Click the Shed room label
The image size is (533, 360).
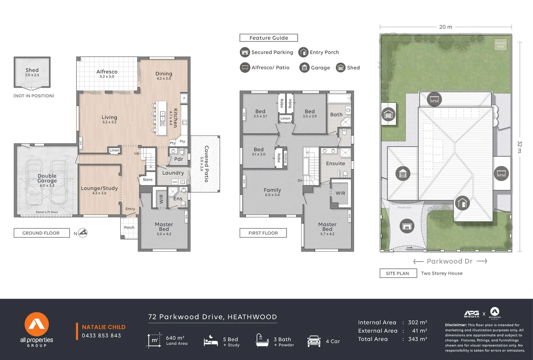pos(32,72)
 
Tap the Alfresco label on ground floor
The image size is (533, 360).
pos(107,74)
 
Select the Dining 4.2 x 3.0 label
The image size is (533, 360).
pos(164,75)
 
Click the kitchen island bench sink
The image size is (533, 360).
pos(163,118)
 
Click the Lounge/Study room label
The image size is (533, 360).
pos(99,190)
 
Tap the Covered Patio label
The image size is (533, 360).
pos(205,164)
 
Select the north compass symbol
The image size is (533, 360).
pos(83,233)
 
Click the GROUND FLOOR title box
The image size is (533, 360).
pos(41,233)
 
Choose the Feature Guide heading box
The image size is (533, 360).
pos(268,38)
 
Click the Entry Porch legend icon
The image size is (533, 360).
pos(303,52)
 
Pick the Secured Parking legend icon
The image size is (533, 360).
pos(245,52)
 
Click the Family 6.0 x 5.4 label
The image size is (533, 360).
pos(272,192)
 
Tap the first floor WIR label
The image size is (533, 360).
pos(340,193)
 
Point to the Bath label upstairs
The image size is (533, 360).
pos(336,114)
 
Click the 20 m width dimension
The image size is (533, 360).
pos(445,27)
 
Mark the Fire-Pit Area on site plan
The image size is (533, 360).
pos(500,44)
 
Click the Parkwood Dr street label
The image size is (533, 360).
pos(450,261)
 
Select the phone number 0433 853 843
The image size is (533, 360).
pos(101,336)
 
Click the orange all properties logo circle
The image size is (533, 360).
pos(37,324)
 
